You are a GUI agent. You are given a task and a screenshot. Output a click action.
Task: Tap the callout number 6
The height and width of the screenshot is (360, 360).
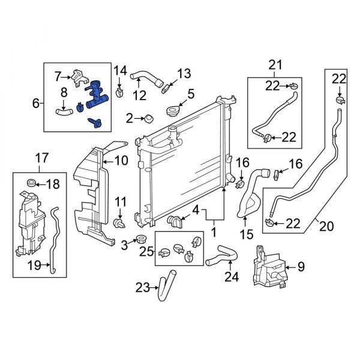point(35,103)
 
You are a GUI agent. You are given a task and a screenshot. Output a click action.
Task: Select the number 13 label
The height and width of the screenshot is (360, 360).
point(183,74)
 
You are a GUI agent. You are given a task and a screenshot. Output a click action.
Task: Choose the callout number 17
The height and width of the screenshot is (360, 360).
point(41,158)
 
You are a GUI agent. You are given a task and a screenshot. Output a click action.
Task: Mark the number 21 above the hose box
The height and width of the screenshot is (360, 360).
point(274,64)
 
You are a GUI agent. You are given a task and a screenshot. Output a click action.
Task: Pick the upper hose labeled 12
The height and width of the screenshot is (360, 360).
point(144,76)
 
